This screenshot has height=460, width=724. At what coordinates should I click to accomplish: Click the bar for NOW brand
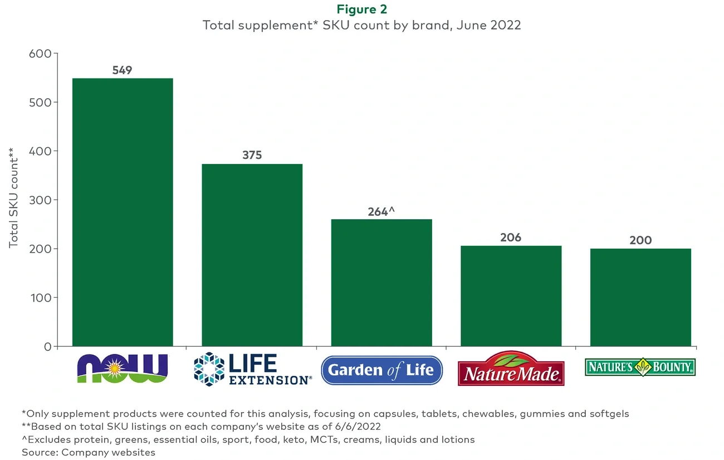[123, 212]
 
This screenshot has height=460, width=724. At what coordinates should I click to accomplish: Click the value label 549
[122, 70]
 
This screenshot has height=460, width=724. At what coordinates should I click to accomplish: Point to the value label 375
[252, 156]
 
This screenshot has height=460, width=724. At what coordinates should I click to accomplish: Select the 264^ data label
[381, 212]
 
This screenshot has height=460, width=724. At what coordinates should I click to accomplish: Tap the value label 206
[511, 238]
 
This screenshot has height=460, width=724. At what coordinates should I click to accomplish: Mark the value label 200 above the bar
[640, 240]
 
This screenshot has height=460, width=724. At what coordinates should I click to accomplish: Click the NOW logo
[122, 368]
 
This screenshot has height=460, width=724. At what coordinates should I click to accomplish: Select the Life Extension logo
[252, 369]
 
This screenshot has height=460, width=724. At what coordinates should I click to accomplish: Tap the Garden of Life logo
[381, 370]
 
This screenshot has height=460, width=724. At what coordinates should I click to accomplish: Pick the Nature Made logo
[511, 369]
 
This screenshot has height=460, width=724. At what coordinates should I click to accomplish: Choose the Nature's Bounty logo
[640, 367]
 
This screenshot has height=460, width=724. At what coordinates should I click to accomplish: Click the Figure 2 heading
[362, 9]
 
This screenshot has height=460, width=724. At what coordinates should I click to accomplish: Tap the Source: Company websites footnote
[89, 452]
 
